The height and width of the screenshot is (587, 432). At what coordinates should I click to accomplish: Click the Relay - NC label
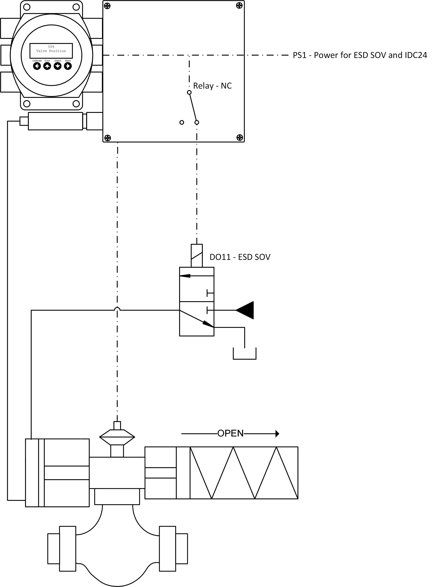tap(212, 86)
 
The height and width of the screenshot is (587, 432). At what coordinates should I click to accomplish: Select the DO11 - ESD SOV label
tap(240, 257)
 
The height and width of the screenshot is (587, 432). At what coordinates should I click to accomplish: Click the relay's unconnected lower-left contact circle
tap(182, 122)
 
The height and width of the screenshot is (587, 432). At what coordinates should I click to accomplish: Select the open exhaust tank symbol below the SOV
tap(244, 354)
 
